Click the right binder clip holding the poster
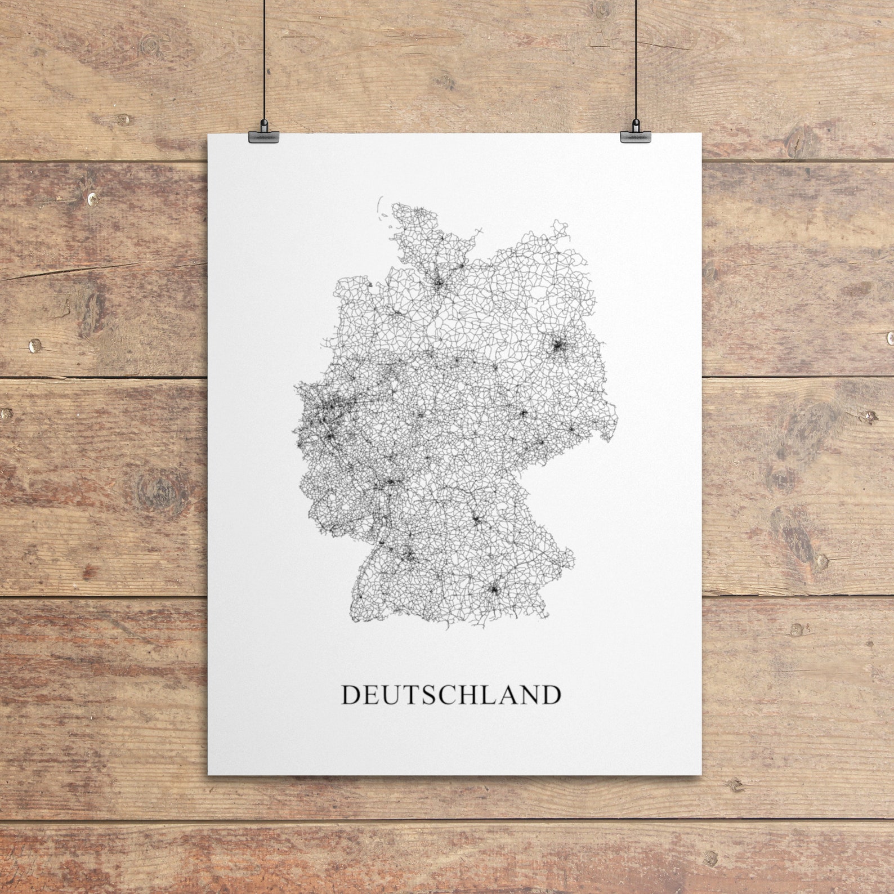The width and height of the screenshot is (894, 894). (x=634, y=136)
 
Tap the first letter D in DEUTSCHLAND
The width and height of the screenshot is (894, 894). (x=351, y=695)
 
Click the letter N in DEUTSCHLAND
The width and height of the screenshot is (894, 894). (x=529, y=695)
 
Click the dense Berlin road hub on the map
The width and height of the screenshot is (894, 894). (x=558, y=346)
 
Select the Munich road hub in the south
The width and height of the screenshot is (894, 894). (x=494, y=589)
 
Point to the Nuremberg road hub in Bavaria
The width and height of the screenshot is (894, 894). (x=476, y=520)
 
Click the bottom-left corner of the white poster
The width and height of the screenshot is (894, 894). (x=209, y=774)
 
